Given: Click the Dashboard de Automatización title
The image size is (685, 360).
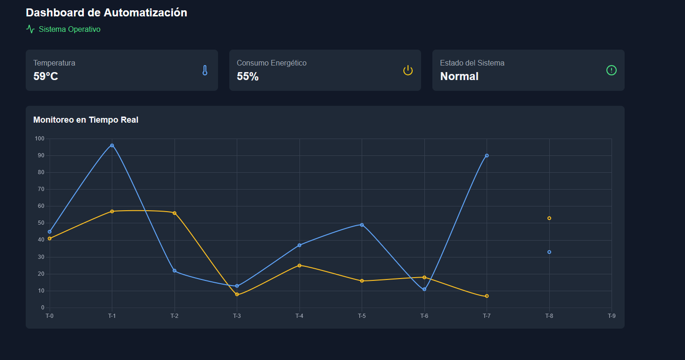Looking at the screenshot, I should click(x=106, y=13).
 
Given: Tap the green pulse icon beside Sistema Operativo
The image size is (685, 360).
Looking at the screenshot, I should click(x=30, y=29).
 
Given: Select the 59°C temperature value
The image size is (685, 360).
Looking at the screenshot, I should click(x=46, y=76).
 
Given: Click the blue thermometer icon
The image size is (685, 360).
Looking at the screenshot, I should click(x=204, y=70).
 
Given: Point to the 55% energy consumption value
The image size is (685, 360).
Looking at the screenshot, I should click(x=248, y=76).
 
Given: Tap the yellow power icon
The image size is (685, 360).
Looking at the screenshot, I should click(x=408, y=70).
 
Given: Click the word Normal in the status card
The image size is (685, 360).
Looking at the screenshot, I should click(x=459, y=76).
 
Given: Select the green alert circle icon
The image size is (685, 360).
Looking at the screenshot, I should click(x=611, y=70).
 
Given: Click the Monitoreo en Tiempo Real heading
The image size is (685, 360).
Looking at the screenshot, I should click(x=86, y=120).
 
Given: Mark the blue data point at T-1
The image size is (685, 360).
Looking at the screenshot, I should click(x=112, y=146).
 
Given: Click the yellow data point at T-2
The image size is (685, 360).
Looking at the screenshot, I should click(x=175, y=213).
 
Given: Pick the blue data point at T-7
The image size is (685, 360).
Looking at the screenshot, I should click(x=487, y=155).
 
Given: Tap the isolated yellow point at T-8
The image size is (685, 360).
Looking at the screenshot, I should click(x=549, y=218).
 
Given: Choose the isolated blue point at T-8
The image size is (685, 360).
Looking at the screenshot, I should click(x=549, y=252).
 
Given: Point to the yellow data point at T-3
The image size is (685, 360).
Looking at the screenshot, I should click(x=237, y=294).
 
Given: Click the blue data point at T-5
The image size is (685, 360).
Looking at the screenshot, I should click(x=362, y=225).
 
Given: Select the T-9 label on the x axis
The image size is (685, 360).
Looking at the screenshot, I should click(x=612, y=316).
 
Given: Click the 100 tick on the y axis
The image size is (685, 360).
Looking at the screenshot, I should click(x=39, y=139).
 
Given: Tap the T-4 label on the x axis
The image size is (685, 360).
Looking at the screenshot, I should click(x=299, y=316).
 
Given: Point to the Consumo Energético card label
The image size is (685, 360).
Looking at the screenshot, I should click(x=271, y=63).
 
